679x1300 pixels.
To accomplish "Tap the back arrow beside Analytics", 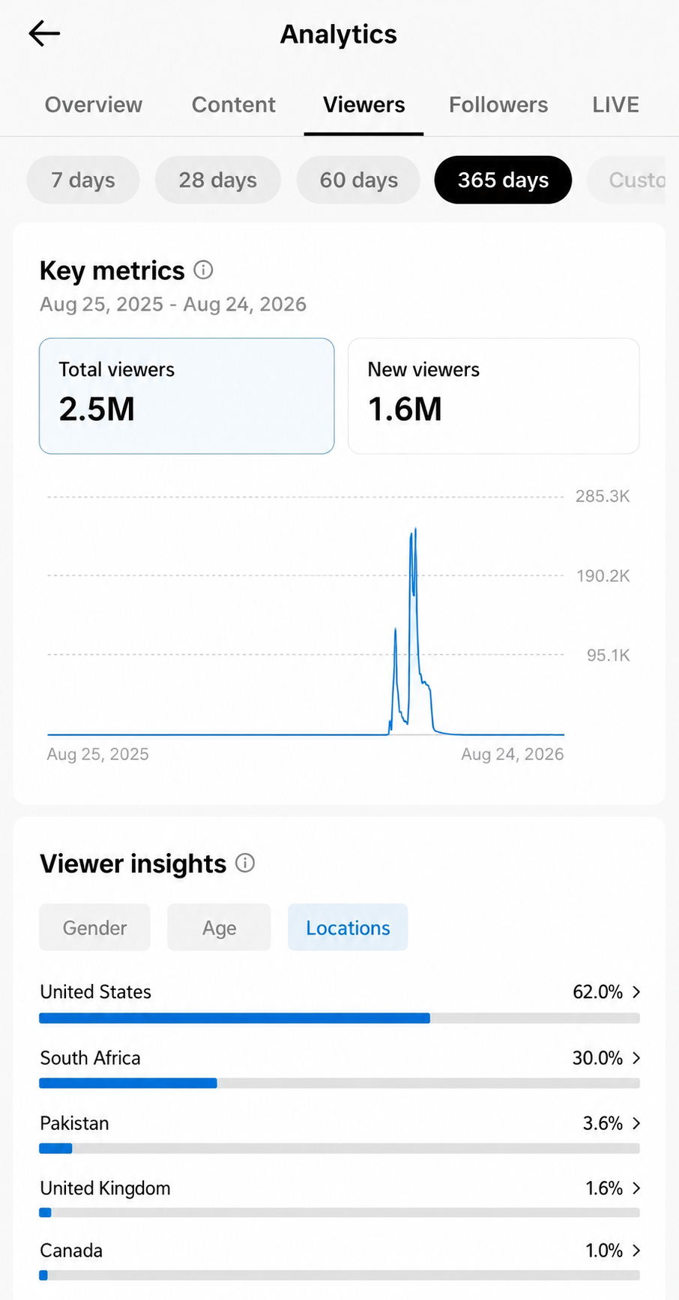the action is point(44,34).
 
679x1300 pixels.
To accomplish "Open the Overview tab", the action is point(94,105).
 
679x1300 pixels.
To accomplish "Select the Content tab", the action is point(234,105).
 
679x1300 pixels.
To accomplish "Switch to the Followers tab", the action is point(498,105).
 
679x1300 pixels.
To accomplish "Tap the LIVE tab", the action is point(615,105).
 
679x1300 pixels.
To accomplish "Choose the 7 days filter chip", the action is point(83,180).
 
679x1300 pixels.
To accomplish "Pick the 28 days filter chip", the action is point(218,180).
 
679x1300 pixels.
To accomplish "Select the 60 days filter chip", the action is point(359,180).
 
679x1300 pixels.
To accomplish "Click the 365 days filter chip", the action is point(503,180).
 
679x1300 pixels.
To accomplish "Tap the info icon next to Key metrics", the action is point(203,270).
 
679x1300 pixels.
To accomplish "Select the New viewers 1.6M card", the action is point(494,395).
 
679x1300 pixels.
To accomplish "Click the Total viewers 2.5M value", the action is point(97,410).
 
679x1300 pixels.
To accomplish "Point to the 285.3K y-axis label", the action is point(603,496).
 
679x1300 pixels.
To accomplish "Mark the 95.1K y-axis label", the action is point(608,655).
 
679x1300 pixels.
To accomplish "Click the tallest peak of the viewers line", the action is point(415,529).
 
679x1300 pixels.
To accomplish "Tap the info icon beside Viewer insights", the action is point(245,863).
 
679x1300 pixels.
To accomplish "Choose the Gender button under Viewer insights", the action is point(95,927).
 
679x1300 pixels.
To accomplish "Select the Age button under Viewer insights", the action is point(219,927).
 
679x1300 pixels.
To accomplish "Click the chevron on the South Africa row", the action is point(636,1057).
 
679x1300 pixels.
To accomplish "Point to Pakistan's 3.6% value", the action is point(603,1123).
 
